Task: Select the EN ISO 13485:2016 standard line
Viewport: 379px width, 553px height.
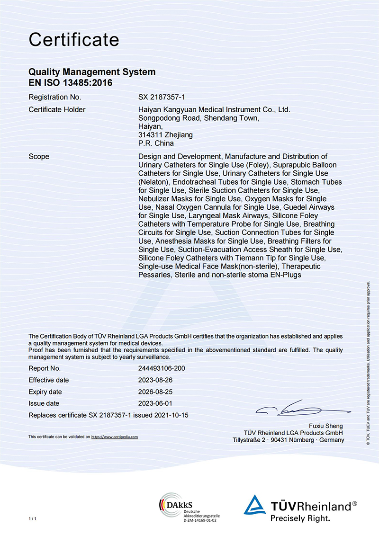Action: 71,82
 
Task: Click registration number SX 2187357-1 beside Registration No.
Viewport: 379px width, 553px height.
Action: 161,98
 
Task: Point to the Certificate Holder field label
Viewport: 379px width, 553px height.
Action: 57,110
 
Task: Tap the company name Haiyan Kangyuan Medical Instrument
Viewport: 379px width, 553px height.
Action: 214,110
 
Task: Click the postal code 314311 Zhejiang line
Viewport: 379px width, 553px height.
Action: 165,135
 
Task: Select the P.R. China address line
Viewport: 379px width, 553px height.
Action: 156,143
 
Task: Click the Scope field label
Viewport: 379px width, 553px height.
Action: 39,156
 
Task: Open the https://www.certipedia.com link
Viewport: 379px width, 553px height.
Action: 114,437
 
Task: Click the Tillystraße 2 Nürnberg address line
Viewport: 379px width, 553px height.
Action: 289,440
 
